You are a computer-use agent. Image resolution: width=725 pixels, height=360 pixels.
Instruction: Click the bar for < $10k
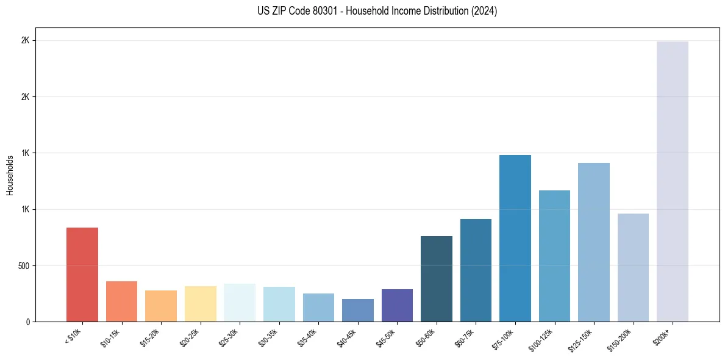82,275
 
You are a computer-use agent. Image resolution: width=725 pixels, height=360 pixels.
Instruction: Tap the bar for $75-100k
515,238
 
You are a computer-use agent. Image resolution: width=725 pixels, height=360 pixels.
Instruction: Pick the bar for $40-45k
358,310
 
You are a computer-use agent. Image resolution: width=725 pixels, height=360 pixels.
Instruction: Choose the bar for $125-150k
594,242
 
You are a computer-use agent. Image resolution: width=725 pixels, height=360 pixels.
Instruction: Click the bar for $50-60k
437,279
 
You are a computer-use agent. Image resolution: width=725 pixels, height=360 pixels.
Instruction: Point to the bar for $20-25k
201,304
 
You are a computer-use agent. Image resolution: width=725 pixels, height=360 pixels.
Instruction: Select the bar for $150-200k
633,267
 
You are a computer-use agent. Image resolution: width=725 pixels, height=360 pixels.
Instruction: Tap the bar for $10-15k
121,301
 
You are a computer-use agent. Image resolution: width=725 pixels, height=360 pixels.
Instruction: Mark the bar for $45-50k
397,305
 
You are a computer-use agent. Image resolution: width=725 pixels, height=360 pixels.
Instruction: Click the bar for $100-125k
554,256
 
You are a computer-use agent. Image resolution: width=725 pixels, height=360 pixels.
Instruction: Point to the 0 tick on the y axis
28,322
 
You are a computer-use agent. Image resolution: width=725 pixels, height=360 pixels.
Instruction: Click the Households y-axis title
10,175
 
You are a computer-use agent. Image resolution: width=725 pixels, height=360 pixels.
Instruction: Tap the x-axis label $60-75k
464,337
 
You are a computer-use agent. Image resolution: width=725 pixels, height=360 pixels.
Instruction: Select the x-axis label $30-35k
268,337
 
